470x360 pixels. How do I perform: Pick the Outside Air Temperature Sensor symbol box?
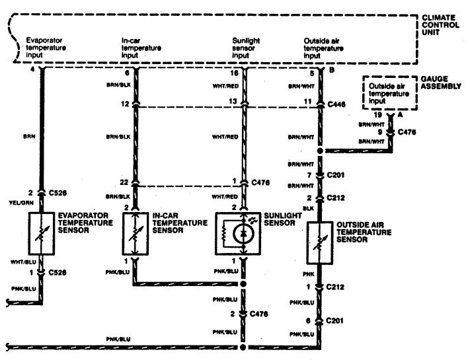coord(321,242)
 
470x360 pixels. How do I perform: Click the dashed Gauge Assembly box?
coord(387,94)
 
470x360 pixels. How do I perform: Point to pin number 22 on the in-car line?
coord(124,183)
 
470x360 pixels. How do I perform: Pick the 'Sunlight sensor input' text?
coord(246,48)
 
